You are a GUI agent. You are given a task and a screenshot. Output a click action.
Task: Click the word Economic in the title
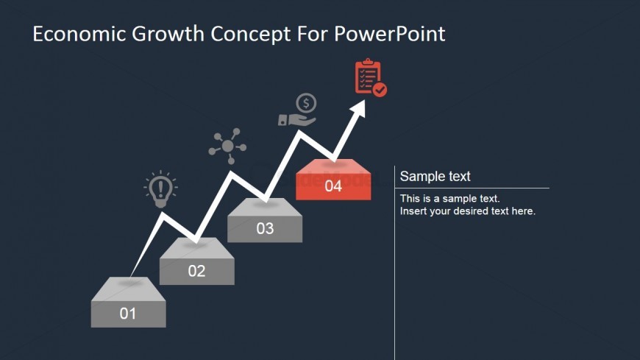79,34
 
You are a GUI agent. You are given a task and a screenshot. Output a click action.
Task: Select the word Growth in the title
168,34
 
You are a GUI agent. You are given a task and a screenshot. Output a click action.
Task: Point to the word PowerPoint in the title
390,34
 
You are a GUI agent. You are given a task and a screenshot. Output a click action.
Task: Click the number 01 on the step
128,314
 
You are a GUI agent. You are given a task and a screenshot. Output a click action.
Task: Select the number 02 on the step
196,271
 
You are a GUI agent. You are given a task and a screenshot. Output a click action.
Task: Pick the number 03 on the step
265,228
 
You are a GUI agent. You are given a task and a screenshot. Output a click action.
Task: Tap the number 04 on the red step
333,186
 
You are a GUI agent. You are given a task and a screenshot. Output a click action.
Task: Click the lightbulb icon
160,189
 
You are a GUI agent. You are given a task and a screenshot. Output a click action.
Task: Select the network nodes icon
227,146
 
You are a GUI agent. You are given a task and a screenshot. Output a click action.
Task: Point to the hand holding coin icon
297,110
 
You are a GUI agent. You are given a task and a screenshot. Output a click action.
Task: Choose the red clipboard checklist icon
371,77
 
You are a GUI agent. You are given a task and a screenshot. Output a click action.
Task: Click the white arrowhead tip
364,100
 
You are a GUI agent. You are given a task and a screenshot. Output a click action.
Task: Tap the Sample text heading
435,176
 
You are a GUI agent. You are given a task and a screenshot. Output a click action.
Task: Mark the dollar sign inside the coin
306,103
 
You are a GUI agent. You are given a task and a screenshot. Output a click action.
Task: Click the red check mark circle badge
380,90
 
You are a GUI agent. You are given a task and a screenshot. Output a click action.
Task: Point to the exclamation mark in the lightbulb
160,188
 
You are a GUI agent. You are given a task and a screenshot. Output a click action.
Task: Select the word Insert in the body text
410,211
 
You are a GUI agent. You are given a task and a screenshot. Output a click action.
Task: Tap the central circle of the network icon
228,146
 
